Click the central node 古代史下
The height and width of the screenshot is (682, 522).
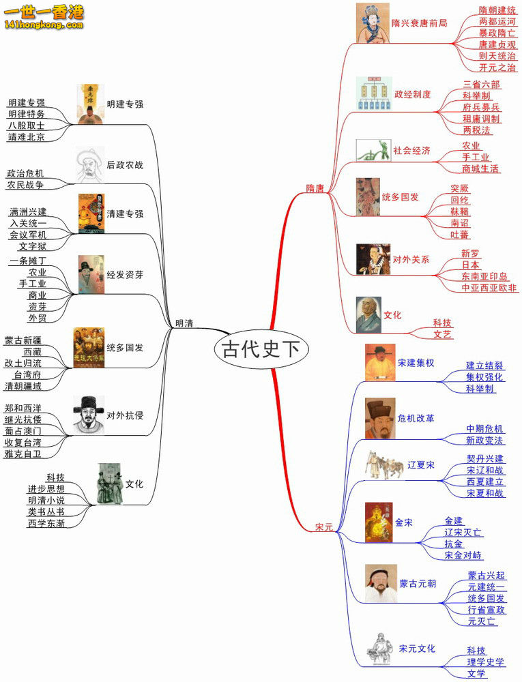point(261,349)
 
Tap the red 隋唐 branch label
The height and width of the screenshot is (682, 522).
point(315,188)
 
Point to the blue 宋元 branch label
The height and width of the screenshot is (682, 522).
point(323,527)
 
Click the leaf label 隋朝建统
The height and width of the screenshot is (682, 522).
point(497,10)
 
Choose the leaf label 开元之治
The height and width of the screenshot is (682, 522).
point(497,68)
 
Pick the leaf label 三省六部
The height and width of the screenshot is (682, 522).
point(481,85)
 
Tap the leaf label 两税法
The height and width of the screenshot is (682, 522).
point(476,130)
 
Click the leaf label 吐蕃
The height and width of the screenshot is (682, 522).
point(460,234)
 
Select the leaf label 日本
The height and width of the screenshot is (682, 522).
point(470,265)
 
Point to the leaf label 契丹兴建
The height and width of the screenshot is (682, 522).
point(485,458)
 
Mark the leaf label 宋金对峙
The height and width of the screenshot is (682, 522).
point(463,555)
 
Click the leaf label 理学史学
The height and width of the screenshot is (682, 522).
point(486,662)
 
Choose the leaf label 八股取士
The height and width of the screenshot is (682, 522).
point(27,125)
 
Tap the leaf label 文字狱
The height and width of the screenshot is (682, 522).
point(32,246)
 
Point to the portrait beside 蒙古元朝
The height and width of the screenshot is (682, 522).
point(380,583)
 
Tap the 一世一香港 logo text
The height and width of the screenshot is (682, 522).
point(43,12)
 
